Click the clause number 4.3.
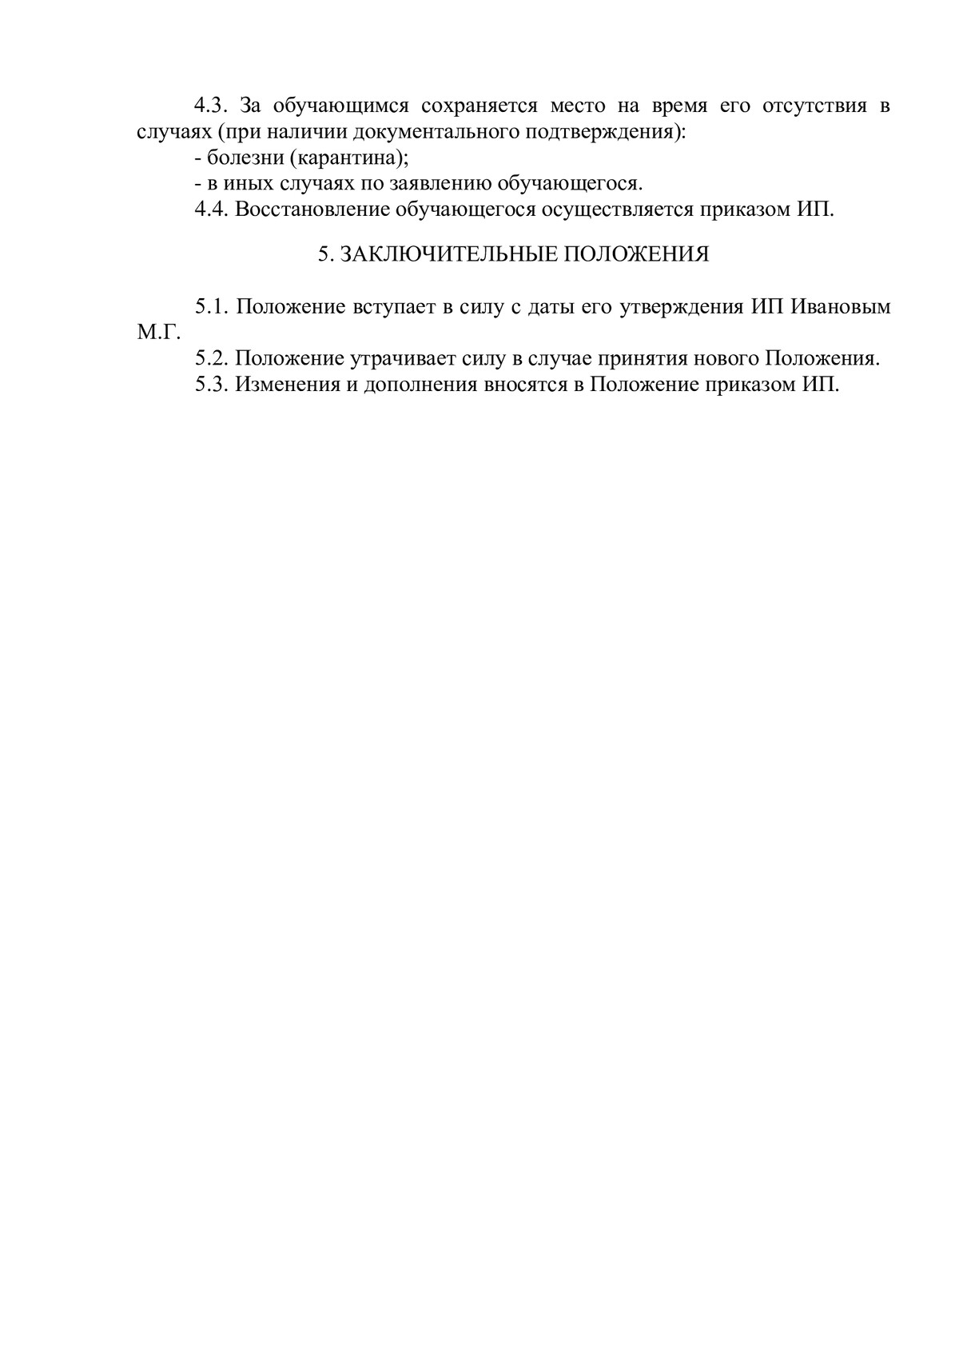click(x=212, y=106)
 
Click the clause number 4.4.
click(x=212, y=210)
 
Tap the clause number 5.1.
click(x=212, y=307)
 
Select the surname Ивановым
click(x=840, y=307)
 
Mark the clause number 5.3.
click(x=212, y=385)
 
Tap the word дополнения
click(x=420, y=385)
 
